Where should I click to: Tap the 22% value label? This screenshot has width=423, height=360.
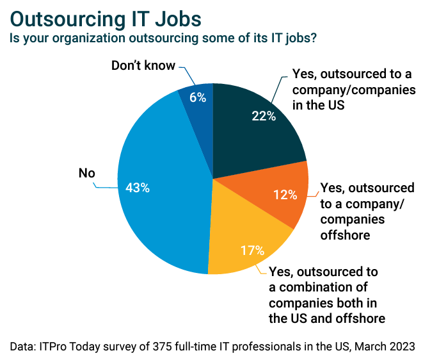pos(262,116)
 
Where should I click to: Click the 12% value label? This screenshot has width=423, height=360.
pos(285,194)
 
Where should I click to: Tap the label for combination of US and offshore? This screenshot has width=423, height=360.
pos(326,294)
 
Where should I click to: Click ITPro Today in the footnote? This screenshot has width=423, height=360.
pos(65,346)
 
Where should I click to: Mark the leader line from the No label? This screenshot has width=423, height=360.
pos(106,186)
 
